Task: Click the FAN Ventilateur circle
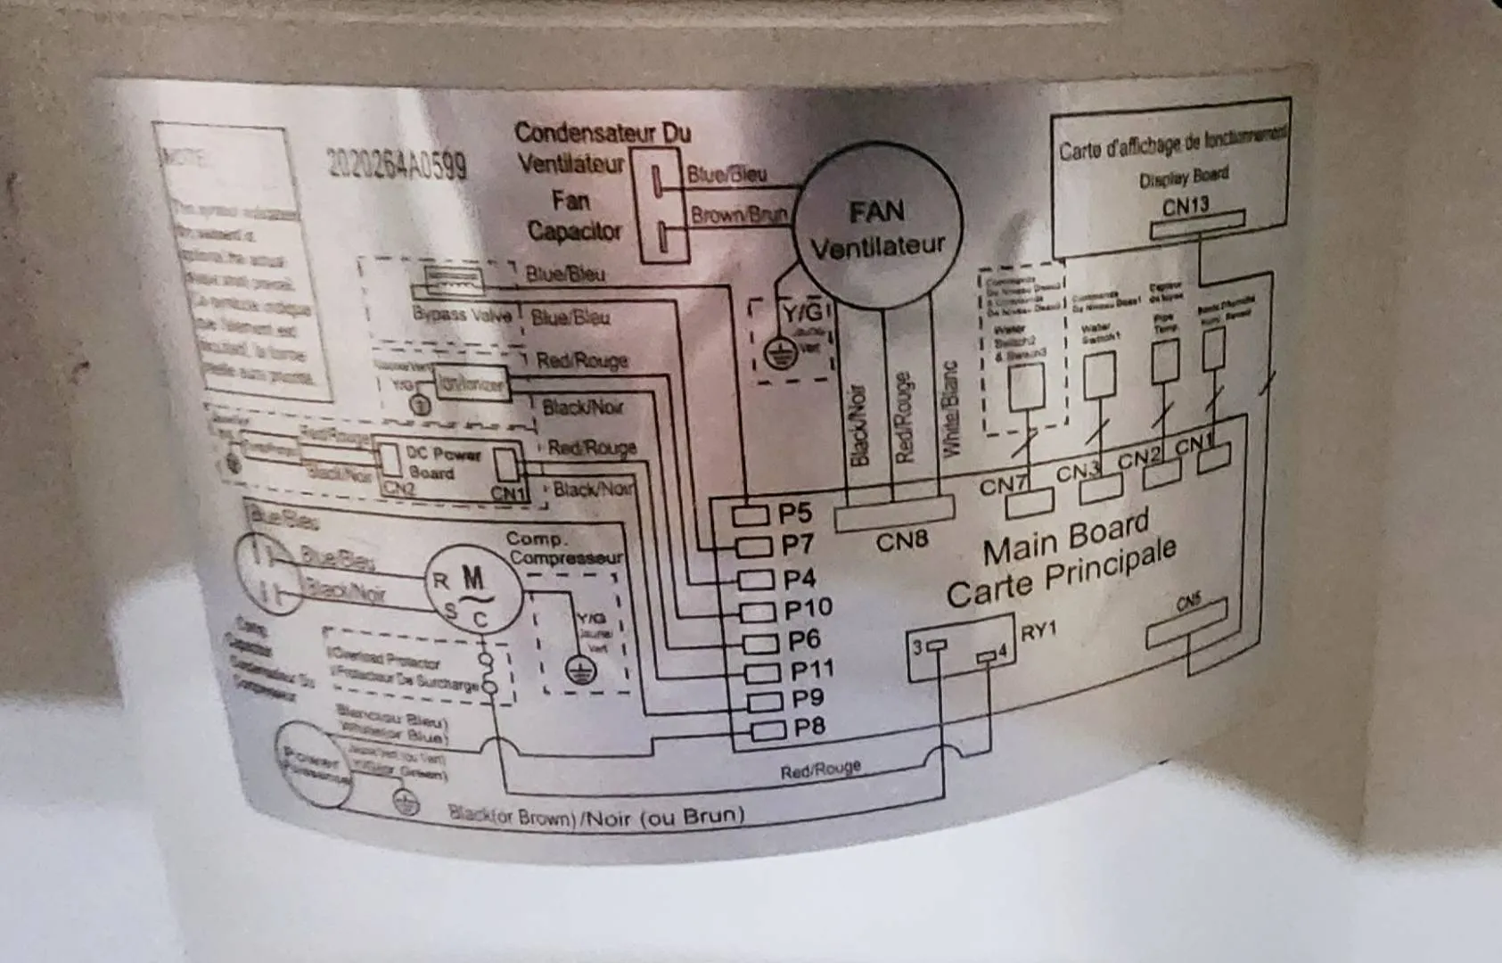[x=877, y=227]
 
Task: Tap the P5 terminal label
[x=795, y=514]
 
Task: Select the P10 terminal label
[x=808, y=609]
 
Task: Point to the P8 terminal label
[x=808, y=727]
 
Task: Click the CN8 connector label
[x=901, y=540]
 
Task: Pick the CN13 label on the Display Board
[x=1186, y=206]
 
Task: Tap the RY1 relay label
[x=1038, y=631]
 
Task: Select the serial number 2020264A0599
[x=397, y=162]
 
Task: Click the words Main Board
[x=1066, y=539]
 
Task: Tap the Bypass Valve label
[x=462, y=314]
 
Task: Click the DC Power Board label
[x=443, y=463]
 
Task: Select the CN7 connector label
[x=1003, y=486]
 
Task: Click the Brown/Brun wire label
[x=739, y=215]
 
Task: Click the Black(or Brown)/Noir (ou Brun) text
[x=595, y=815]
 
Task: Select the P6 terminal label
[x=803, y=640]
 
